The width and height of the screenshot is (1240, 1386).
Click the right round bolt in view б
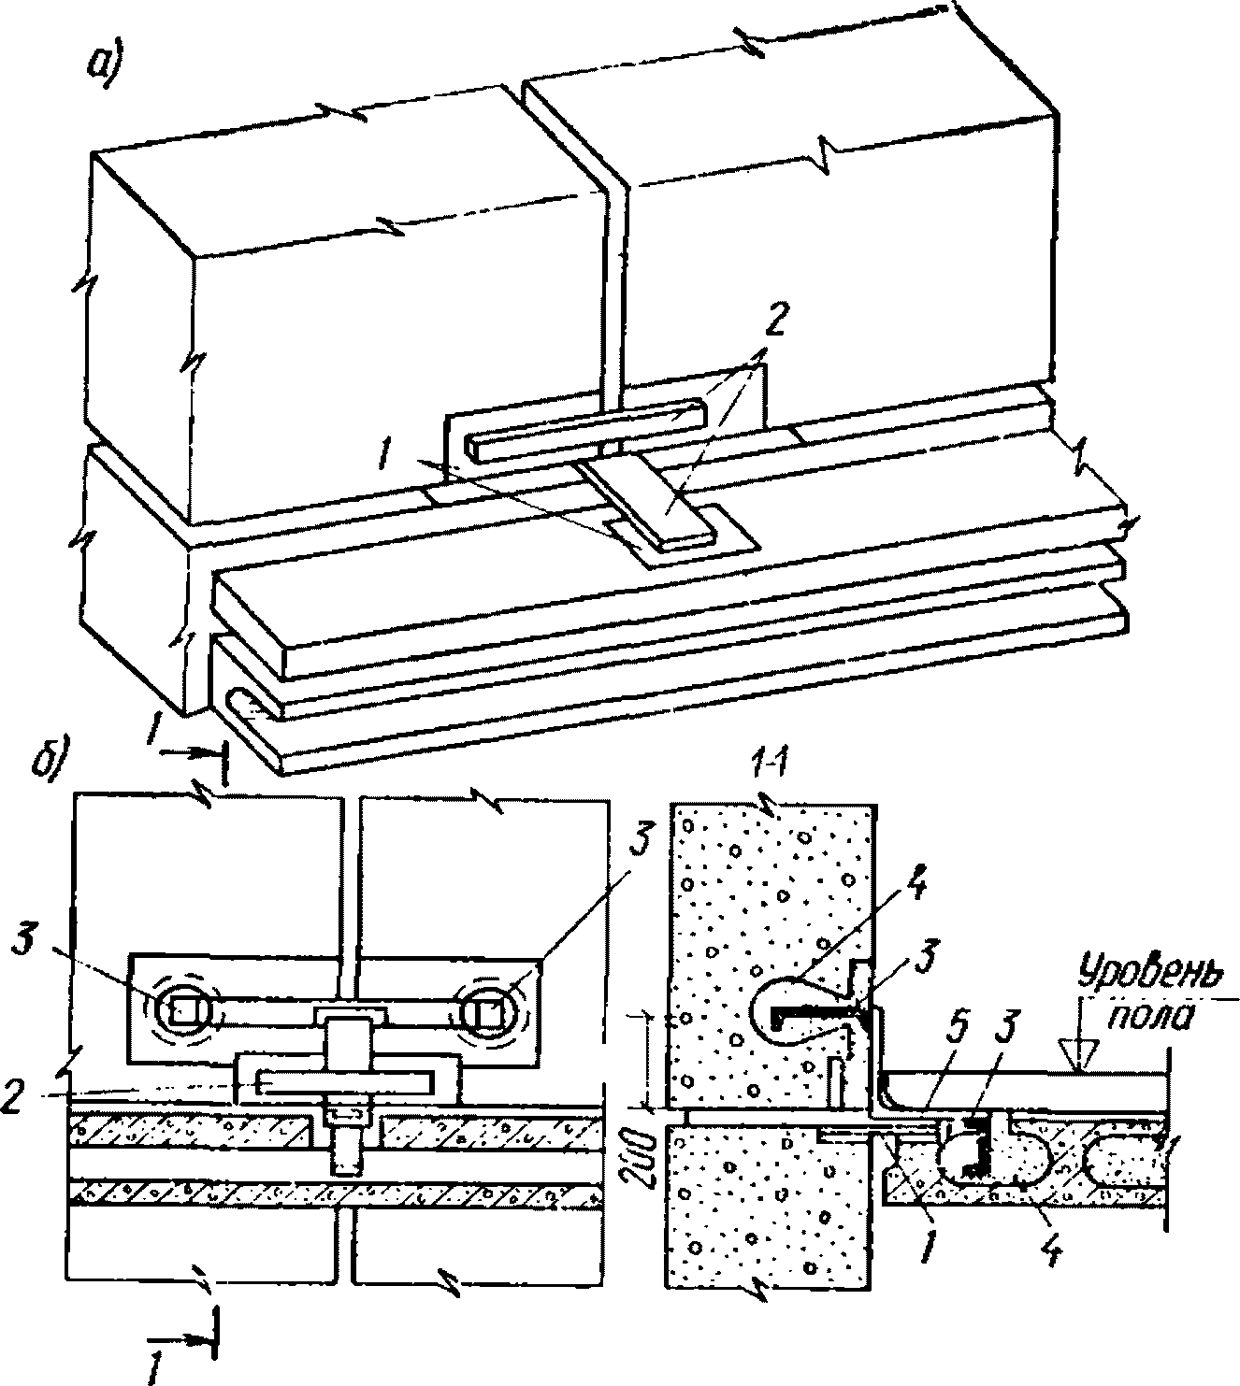[x=487, y=1010]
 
